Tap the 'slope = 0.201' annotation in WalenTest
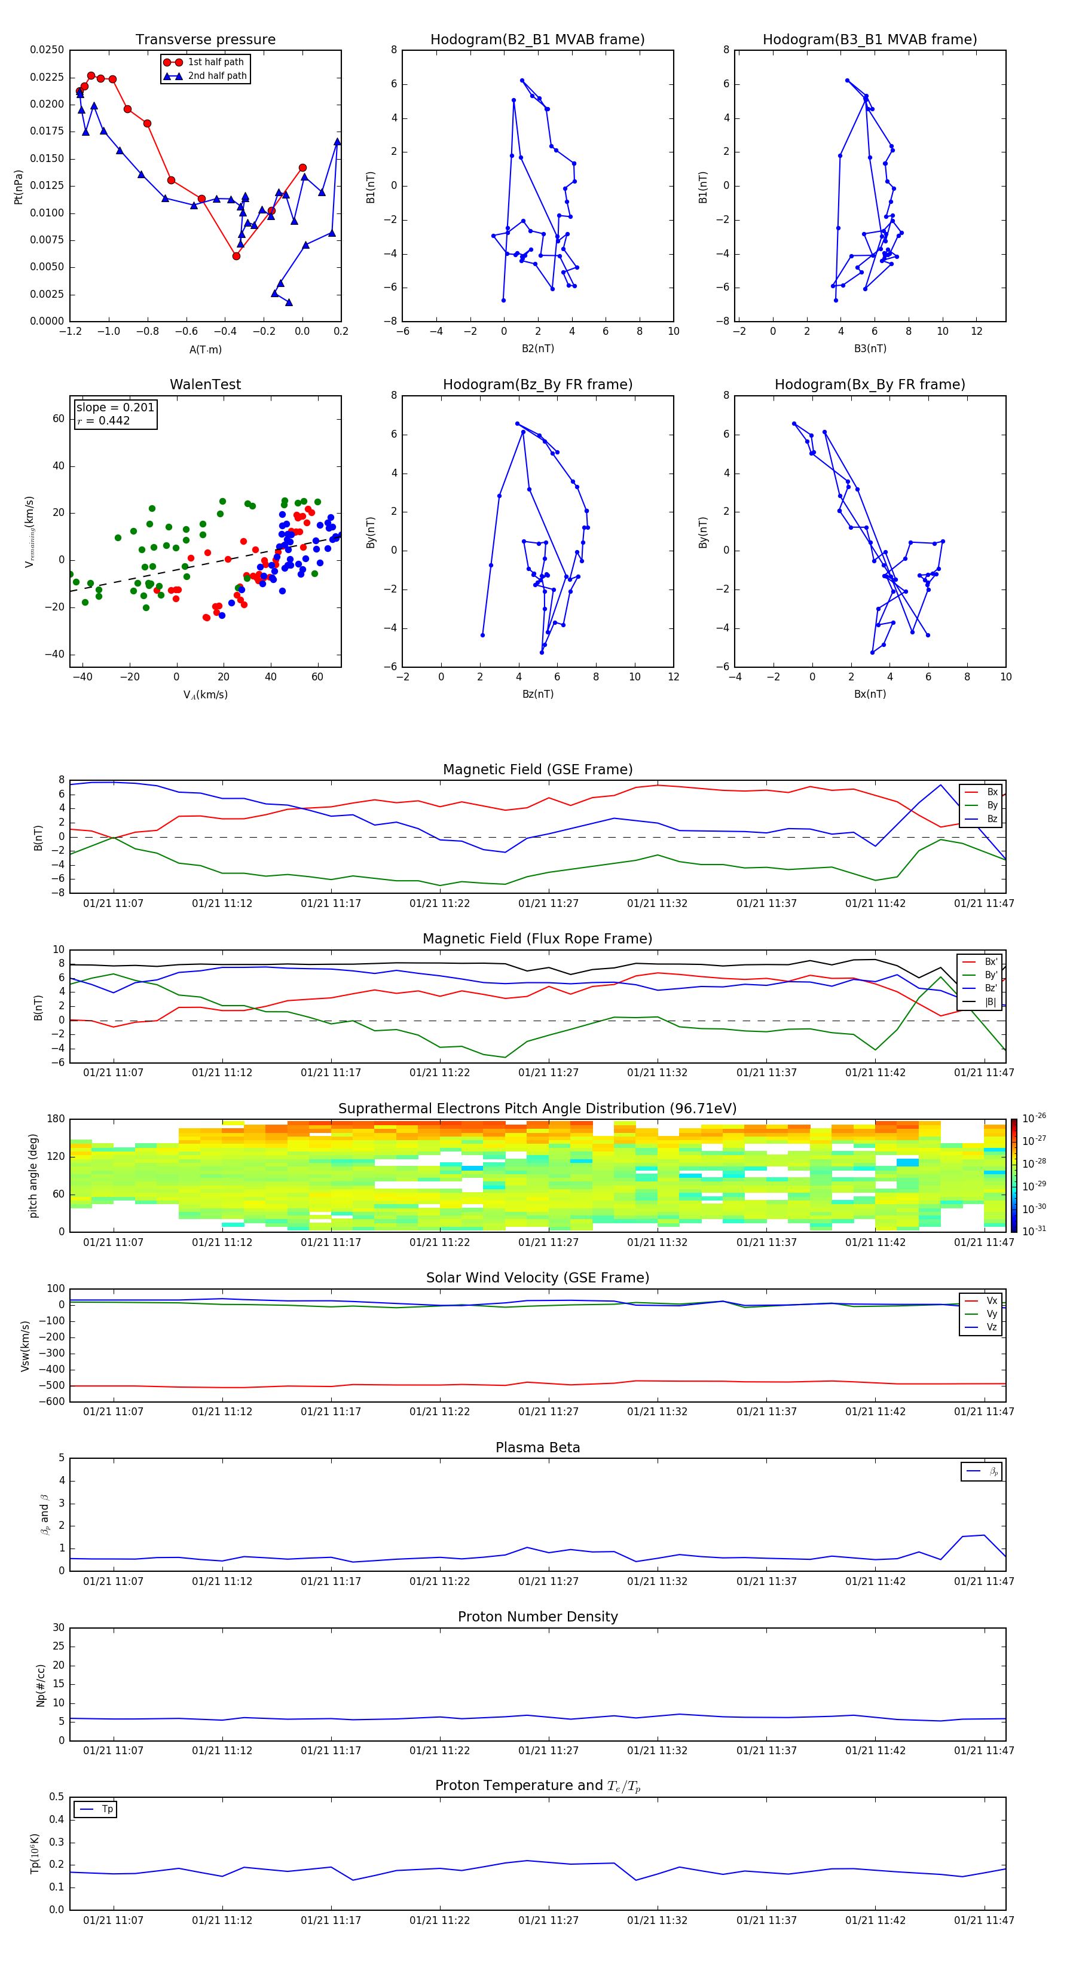(x=115, y=408)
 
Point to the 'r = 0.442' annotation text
(x=103, y=420)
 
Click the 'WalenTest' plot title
(x=205, y=384)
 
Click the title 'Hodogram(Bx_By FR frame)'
(x=869, y=384)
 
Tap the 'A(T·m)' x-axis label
(x=205, y=349)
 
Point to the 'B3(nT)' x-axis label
(x=870, y=349)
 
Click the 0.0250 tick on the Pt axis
(x=47, y=50)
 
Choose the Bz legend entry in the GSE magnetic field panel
(x=992, y=818)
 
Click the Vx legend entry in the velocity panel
(x=991, y=1300)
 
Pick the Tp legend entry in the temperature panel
(x=106, y=1809)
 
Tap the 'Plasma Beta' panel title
(x=537, y=1447)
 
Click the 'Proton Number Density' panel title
(x=537, y=1617)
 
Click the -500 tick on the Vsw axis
(x=52, y=1385)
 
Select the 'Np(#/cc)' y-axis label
(x=41, y=1685)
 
